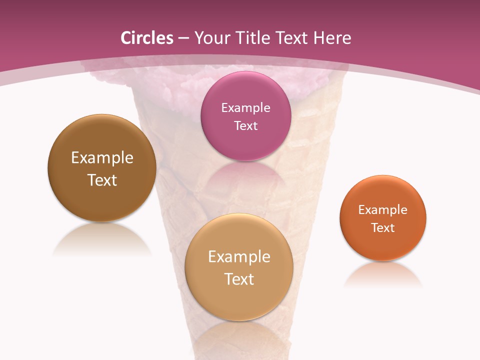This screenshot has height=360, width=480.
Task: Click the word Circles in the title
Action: click(147, 38)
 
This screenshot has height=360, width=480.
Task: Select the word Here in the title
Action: click(332, 38)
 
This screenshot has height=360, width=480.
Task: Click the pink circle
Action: click(245, 142)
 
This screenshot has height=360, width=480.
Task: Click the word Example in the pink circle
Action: click(245, 107)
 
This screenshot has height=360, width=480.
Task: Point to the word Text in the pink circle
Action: click(245, 125)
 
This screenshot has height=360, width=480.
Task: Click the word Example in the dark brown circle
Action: click(102, 158)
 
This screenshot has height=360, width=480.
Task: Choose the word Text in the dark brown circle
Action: click(102, 180)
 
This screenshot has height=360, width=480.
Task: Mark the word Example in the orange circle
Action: click(383, 210)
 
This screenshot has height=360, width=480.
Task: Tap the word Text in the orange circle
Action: click(383, 228)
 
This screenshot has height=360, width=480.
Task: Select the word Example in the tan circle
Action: click(239, 257)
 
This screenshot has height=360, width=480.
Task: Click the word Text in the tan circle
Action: click(239, 279)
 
